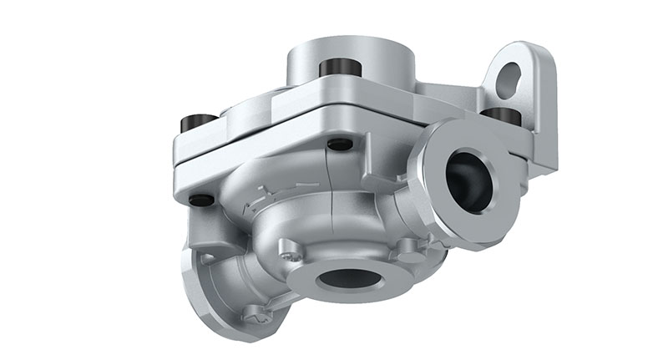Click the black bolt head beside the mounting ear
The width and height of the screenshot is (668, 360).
(500, 114)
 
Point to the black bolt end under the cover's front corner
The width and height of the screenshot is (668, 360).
(339, 145)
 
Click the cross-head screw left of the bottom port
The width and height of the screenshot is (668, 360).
(290, 248)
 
